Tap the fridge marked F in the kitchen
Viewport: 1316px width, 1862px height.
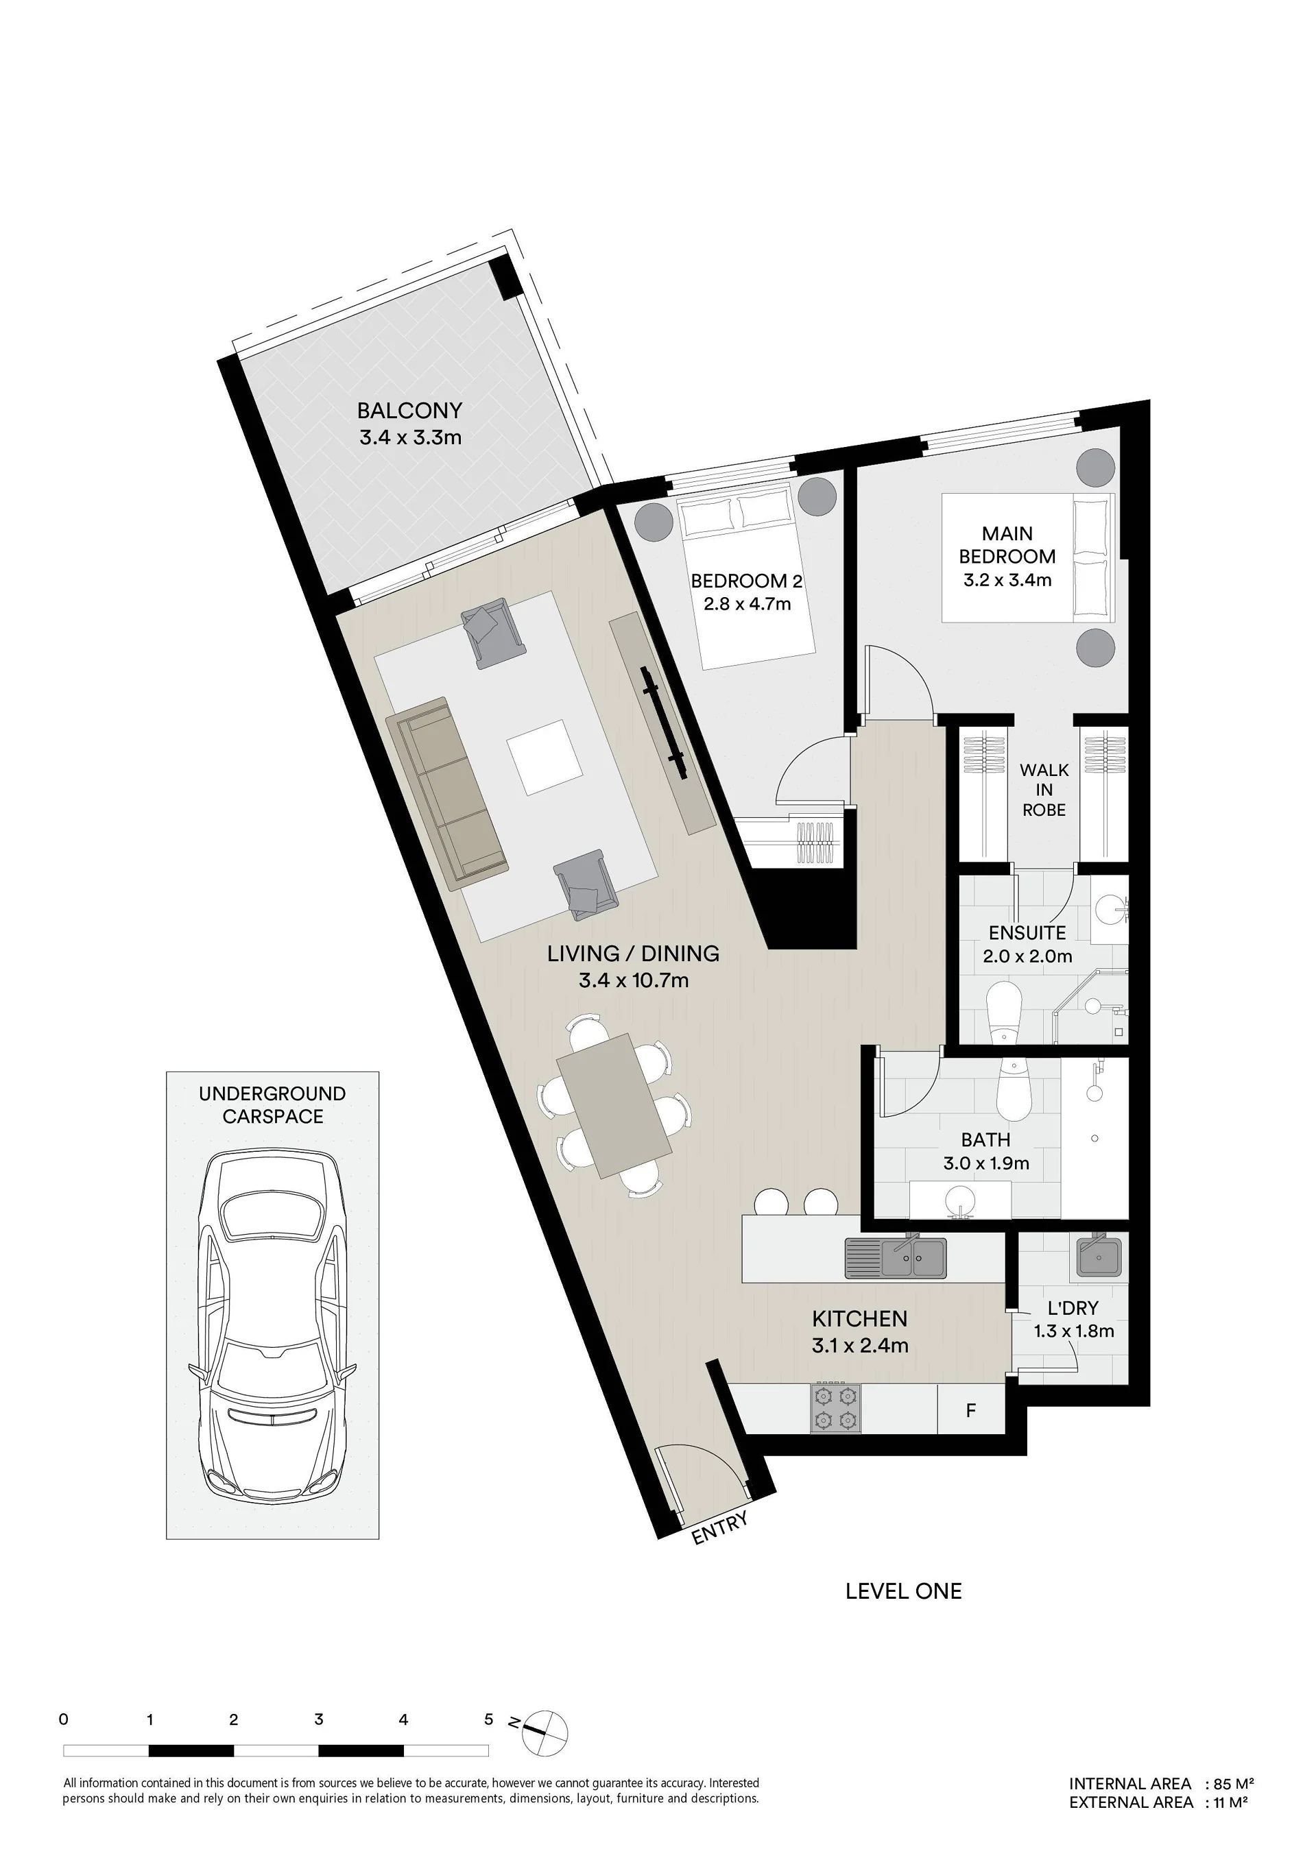(x=971, y=1410)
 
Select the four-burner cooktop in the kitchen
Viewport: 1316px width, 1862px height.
(x=836, y=1409)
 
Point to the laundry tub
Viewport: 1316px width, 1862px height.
(x=1099, y=1258)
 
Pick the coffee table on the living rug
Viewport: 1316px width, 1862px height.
(x=544, y=758)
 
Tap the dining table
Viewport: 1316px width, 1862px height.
(x=615, y=1107)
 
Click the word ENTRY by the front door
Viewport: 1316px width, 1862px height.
(x=719, y=1528)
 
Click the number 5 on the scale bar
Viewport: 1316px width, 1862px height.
(x=488, y=1720)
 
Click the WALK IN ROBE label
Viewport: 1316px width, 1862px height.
(x=1044, y=789)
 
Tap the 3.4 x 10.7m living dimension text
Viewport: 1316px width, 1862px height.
(x=634, y=980)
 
